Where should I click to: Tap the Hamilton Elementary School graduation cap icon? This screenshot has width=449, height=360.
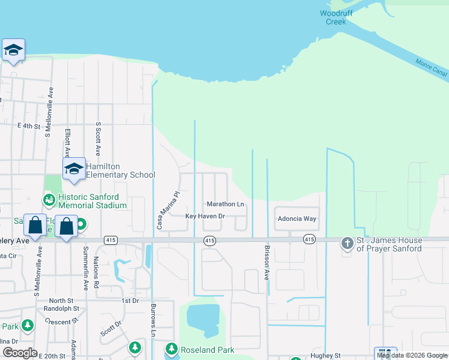click(74, 169)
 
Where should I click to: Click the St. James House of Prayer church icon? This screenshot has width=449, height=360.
click(347, 243)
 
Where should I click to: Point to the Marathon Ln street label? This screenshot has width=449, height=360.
click(225, 205)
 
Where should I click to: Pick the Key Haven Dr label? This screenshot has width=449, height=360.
click(205, 216)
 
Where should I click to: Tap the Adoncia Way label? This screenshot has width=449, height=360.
click(297, 219)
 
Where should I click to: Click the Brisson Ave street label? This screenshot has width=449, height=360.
click(267, 263)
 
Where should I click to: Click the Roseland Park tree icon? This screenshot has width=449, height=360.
click(172, 349)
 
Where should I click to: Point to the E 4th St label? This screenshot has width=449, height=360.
click(29, 126)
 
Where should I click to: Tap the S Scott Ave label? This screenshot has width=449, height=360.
click(98, 138)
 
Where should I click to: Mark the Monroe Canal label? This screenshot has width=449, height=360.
click(432, 67)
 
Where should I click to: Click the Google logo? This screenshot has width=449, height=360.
click(20, 353)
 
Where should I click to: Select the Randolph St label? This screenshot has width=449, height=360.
click(61, 308)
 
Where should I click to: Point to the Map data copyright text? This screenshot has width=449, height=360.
click(412, 355)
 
